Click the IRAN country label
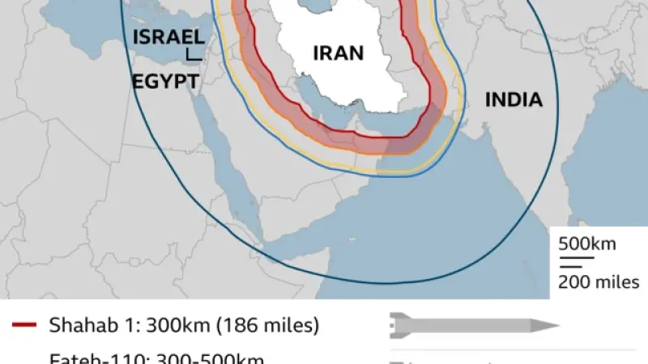point(339,54)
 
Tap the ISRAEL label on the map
point(168,37)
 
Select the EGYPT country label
point(166,81)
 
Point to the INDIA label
point(513,100)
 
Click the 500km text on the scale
point(587,243)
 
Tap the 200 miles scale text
point(599,282)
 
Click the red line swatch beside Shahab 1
point(23,326)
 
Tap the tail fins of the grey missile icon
point(397,326)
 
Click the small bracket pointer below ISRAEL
point(194,55)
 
